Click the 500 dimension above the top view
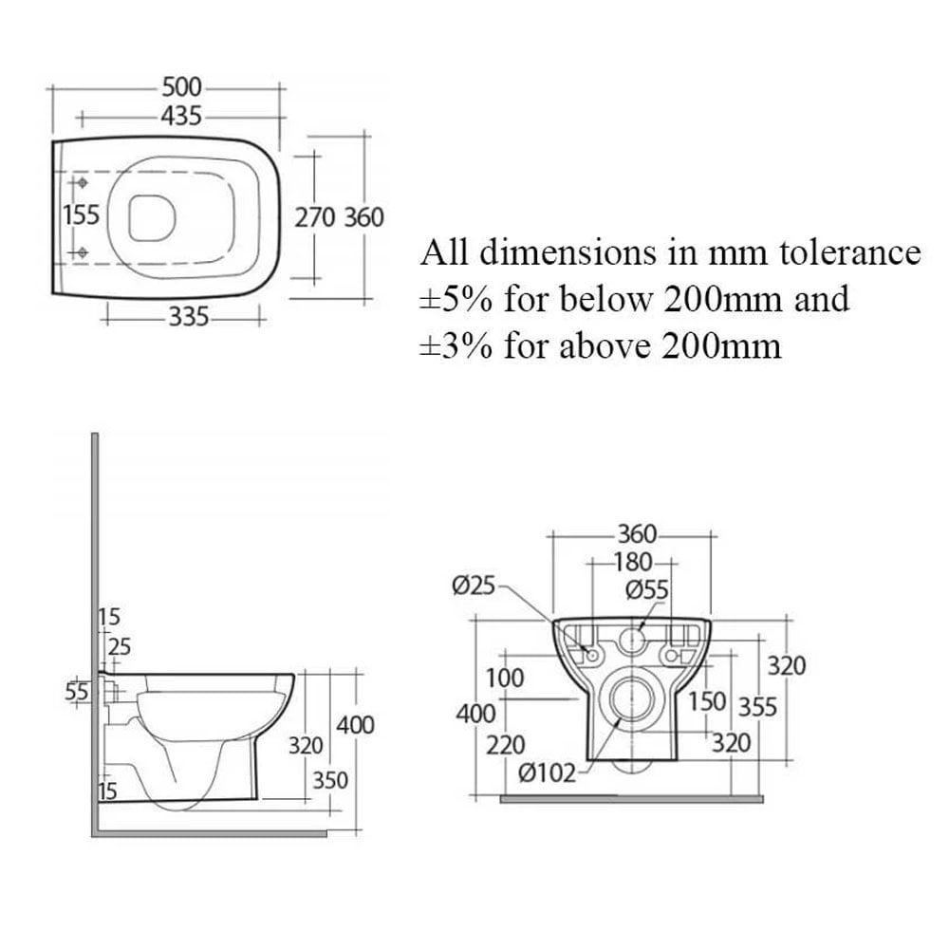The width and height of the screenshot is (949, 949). [x=181, y=87]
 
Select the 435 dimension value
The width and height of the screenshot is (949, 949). [x=181, y=116]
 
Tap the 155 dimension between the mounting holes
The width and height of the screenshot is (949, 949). [x=81, y=214]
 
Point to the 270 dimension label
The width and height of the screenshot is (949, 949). [x=315, y=217]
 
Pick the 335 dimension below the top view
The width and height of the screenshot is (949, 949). [x=188, y=317]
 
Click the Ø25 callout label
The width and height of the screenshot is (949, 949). [x=474, y=586]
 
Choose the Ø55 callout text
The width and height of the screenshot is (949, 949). [x=647, y=589]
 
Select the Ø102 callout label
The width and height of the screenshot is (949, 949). [x=548, y=772]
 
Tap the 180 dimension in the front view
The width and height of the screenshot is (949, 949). [x=633, y=562]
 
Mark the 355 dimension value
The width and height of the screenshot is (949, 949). [x=757, y=707]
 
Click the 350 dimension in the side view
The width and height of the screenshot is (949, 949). [x=330, y=781]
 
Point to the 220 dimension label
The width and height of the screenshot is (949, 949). [x=506, y=745]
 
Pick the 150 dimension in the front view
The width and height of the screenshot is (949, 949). [x=707, y=701]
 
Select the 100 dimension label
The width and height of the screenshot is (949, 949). [x=505, y=678]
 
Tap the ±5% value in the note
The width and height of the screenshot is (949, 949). [x=456, y=299]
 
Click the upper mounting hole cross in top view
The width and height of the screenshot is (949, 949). [x=81, y=182]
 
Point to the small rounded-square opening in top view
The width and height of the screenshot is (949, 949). [x=152, y=218]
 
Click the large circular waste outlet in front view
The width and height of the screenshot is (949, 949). [x=632, y=699]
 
